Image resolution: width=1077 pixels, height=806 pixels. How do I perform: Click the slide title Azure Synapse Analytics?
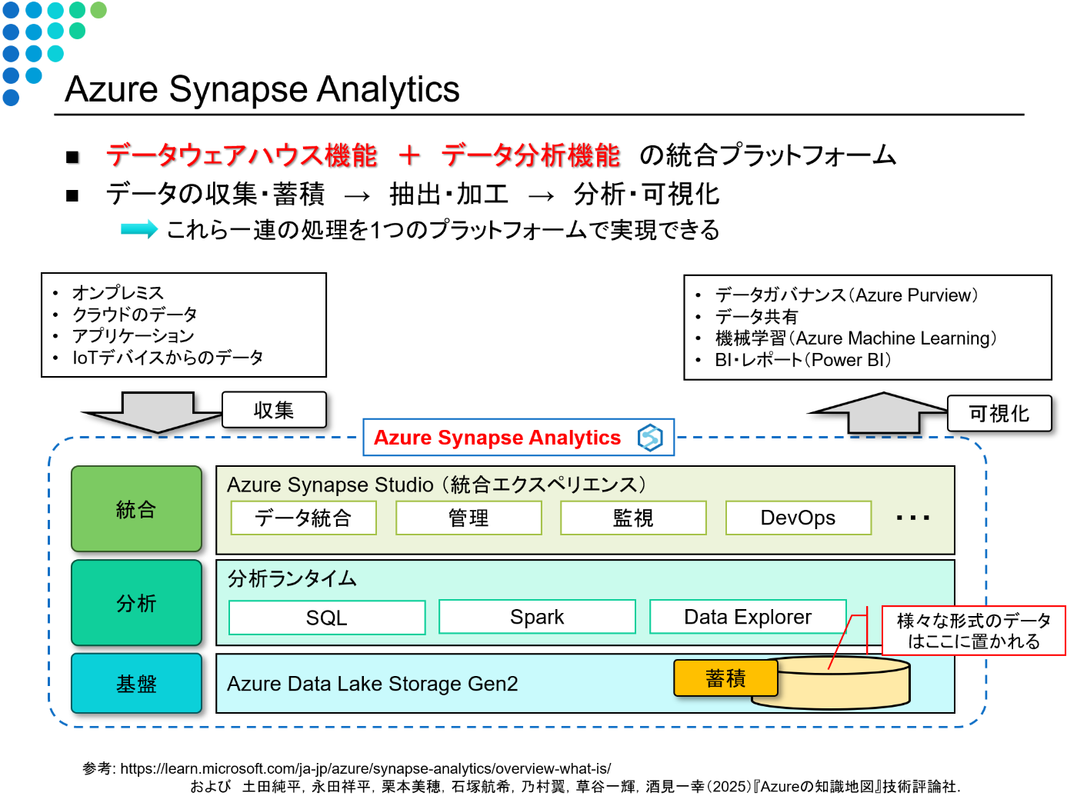262,89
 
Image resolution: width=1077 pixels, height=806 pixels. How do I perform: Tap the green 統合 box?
136,509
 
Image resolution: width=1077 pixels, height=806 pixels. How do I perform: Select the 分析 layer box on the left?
136,603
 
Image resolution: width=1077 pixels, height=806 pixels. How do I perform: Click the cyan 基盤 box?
136,684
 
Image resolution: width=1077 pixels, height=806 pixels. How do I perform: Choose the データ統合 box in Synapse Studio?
303,518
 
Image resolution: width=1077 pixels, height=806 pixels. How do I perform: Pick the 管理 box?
468,518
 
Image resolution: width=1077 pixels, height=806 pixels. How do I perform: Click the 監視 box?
633,518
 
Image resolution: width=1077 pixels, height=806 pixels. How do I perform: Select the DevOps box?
798,518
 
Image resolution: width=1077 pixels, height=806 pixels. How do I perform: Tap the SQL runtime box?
327,618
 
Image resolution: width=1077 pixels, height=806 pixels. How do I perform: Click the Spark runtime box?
537,617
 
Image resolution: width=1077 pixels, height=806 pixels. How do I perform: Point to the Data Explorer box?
748,617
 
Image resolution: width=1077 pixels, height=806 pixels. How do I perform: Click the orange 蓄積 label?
725,678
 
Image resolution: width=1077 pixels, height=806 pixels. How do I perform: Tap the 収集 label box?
274,410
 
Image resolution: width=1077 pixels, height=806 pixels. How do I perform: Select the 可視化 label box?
999,414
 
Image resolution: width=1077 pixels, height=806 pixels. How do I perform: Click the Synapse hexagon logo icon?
650,438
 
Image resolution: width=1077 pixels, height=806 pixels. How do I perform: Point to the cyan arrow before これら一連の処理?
139,229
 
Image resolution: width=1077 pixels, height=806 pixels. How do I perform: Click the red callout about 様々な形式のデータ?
973,631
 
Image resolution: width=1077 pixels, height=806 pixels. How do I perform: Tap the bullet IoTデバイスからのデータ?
168,358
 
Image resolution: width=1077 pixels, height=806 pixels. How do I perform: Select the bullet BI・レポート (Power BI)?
802,360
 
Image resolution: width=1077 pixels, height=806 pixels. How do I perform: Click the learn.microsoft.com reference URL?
365,768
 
